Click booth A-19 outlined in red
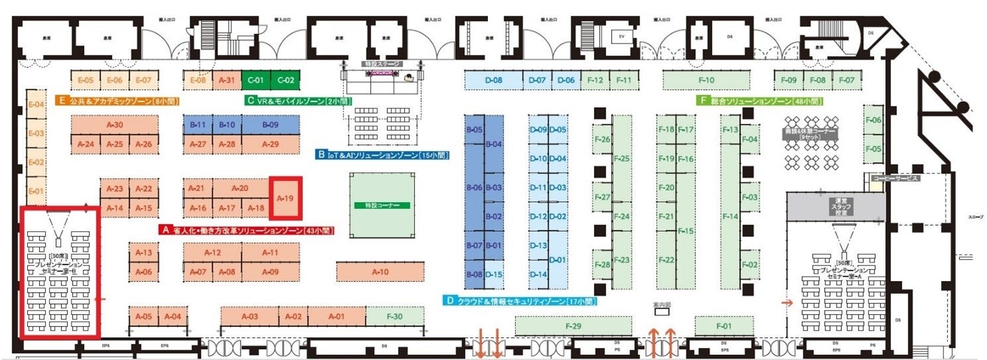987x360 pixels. (x=285, y=198)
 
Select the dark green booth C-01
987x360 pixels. (x=256, y=80)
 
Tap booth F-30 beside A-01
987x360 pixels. (x=395, y=317)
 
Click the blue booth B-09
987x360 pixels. (x=270, y=124)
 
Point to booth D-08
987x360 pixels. (x=493, y=80)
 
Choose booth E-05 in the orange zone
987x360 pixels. (x=86, y=80)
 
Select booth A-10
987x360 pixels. (x=380, y=271)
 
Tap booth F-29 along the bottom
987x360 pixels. (x=574, y=326)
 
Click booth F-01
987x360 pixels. (x=724, y=326)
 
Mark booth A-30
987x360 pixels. (x=115, y=125)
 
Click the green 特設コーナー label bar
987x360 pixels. (x=382, y=206)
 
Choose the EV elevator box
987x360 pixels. (x=622, y=35)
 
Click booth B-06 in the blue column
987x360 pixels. (x=474, y=188)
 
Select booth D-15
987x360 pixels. (x=493, y=274)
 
